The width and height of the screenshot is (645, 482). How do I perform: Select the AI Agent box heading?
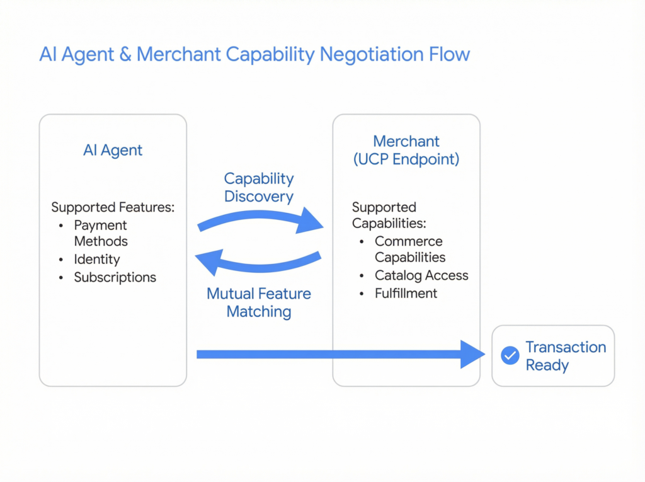113,150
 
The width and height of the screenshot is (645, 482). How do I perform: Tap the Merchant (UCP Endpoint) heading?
406,150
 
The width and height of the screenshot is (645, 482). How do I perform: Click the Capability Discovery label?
259,187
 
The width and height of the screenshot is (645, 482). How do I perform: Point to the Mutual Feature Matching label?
259,302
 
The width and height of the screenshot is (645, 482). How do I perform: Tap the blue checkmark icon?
510,356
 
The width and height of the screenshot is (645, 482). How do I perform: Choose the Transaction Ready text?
565,356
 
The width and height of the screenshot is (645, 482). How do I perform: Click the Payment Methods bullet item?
100,233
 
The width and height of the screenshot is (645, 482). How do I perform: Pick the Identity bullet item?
96,259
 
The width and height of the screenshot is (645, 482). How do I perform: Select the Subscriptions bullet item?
115,277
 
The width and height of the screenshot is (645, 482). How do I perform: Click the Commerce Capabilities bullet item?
409,249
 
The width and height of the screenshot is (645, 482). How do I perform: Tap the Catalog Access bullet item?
421,275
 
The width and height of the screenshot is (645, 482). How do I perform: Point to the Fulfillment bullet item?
406,293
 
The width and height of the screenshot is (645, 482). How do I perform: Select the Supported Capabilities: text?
389,215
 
